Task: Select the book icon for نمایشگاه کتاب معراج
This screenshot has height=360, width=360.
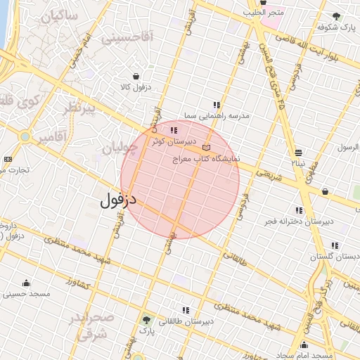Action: coord(205,147)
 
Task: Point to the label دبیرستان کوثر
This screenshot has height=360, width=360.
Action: coord(171,141)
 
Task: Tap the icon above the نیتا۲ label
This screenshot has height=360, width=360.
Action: coord(299,152)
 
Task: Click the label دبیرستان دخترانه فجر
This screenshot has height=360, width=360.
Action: coord(297,221)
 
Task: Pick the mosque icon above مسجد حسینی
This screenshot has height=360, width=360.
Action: coord(27,283)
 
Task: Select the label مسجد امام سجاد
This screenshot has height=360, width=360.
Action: coord(304,356)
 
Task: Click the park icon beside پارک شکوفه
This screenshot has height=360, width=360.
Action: coord(336,15)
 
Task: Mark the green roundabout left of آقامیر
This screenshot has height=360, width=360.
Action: coord(25,136)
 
